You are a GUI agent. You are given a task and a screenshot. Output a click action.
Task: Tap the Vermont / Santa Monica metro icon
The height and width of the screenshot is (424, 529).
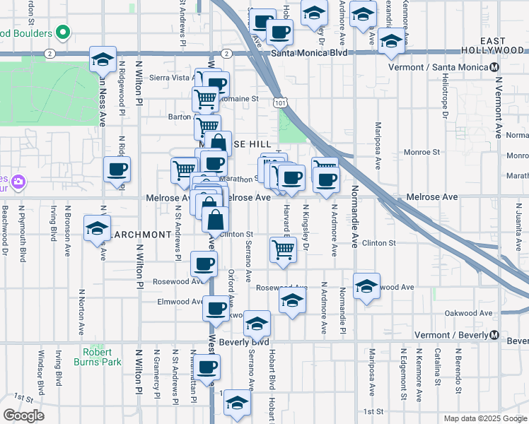(494, 67)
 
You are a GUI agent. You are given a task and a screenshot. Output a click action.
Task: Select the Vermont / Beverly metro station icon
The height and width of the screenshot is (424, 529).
(494, 334)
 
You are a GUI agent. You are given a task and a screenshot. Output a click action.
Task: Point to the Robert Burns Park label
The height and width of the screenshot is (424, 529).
(97, 357)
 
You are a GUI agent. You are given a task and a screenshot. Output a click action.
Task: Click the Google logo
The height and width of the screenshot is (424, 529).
(23, 416)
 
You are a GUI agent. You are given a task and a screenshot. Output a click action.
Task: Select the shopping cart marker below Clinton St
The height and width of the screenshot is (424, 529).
(282, 249)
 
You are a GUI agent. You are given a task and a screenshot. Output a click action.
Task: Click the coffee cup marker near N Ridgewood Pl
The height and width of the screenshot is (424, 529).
(117, 170)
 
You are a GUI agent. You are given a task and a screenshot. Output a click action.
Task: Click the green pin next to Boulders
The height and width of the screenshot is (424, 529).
(63, 33)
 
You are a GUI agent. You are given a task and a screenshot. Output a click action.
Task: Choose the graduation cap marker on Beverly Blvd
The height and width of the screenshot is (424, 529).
(257, 323)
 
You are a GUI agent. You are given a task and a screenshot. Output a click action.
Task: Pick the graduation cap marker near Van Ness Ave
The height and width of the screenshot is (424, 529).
(103, 59)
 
